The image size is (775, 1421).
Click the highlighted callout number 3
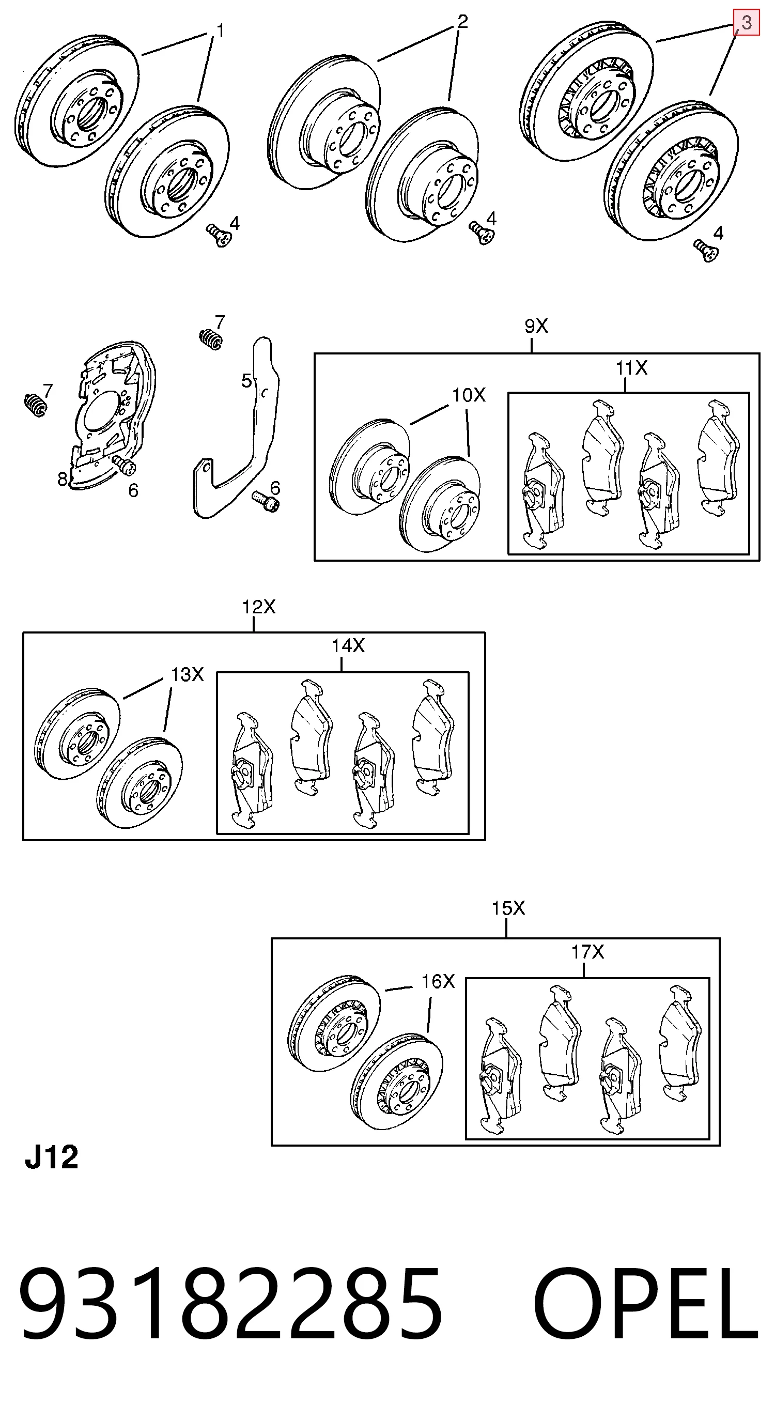pos(746,23)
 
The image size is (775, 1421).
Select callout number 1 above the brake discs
pos(220,32)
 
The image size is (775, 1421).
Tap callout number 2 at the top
pos(462,22)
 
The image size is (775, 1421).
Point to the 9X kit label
pos(536,327)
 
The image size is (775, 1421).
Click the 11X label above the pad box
pos(631,367)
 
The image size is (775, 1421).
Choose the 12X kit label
pos(259,607)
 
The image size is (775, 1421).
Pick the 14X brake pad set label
pos(348,645)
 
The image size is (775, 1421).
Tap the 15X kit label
pos(508,908)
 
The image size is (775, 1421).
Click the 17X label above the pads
pos(587,952)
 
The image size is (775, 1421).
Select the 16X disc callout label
pos(438,981)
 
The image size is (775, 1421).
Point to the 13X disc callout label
pos(187,674)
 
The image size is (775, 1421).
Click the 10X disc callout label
pos(469,395)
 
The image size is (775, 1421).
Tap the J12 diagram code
pos(52,1157)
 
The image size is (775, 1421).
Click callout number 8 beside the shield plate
pos(63,479)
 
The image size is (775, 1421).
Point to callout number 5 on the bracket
pos(246,381)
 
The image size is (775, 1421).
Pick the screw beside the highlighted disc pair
pos(706,251)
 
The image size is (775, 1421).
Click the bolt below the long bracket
pos(266,501)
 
